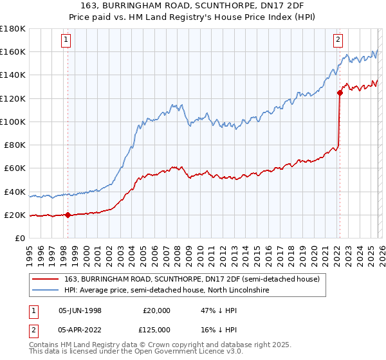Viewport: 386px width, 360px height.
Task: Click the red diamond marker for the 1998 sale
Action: point(68,215)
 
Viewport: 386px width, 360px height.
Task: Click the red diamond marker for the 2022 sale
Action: point(339,93)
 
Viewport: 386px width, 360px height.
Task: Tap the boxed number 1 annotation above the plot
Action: point(67,40)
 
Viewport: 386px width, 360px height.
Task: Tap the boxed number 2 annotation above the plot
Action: point(338,40)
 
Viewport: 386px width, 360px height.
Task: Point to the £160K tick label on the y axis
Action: point(13,52)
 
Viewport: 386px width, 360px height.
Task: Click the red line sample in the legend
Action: point(46,278)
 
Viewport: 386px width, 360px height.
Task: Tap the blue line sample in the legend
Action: point(46,291)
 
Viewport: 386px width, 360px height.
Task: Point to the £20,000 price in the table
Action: point(157,310)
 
